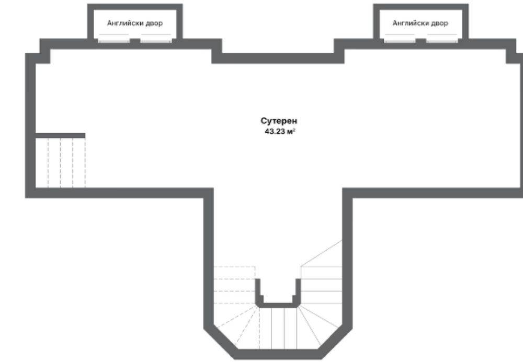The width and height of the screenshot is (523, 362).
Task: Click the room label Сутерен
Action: pyautogui.click(x=279, y=121)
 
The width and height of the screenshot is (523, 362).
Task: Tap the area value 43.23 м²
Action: pyautogui.click(x=280, y=131)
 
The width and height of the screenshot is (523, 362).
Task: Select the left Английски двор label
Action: pyautogui.click(x=135, y=24)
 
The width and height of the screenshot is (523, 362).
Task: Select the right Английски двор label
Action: pyautogui.click(x=420, y=24)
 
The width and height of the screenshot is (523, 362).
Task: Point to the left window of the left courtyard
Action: pyautogui.click(x=113, y=41)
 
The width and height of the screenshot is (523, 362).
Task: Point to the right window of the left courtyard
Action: pyautogui.click(x=156, y=41)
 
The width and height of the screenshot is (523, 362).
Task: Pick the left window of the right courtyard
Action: pyautogui.click(x=400, y=41)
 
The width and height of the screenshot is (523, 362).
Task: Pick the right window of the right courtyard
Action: pyautogui.click(x=442, y=41)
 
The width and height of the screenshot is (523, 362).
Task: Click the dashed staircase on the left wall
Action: pyautogui.click(x=60, y=162)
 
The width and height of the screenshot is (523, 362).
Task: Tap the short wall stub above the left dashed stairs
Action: pyautogui.click(x=60, y=135)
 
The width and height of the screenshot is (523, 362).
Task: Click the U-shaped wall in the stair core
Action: pyautogui.click(x=278, y=305)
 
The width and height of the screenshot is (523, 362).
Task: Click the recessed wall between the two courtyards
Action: pyautogui.click(x=278, y=59)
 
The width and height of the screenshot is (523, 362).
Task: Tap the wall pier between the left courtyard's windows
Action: pyautogui.click(x=135, y=41)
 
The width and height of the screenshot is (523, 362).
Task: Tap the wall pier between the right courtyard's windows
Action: pyautogui.click(x=421, y=41)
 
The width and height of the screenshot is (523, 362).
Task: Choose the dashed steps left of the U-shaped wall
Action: pyautogui.click(x=234, y=285)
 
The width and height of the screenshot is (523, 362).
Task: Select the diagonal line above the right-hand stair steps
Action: pyautogui.click(x=322, y=253)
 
